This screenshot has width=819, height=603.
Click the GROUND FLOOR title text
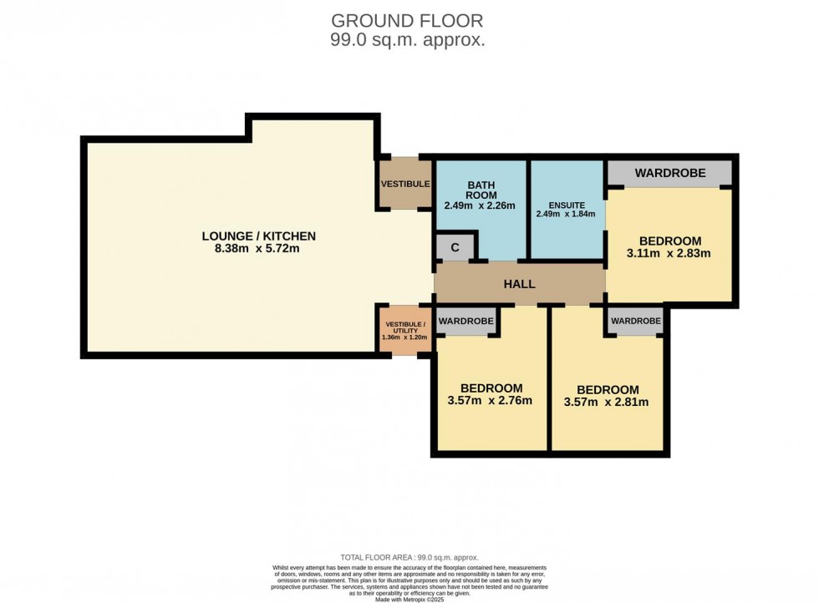[x=407, y=20]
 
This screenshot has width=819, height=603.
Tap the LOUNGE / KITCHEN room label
[x=259, y=236]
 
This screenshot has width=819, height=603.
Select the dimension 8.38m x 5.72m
[x=259, y=249]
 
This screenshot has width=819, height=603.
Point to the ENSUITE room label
[x=567, y=205]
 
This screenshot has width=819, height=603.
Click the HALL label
[x=519, y=284]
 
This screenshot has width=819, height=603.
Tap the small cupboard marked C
[x=455, y=247]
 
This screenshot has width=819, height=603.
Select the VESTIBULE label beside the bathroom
[x=405, y=184]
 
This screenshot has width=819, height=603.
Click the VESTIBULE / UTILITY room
[x=405, y=330]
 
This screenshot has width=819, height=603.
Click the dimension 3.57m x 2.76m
[x=490, y=400]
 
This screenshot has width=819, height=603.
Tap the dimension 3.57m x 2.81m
[x=607, y=402]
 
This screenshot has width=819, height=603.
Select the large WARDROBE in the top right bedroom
[x=669, y=173]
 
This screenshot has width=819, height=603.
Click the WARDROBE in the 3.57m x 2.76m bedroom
[x=465, y=321]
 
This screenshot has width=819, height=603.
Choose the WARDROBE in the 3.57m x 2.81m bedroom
[x=635, y=321]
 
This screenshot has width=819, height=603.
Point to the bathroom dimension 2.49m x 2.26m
[x=480, y=205]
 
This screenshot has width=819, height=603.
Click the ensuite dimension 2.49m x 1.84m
[x=567, y=214]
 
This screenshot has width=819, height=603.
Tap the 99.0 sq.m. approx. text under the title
[x=407, y=39]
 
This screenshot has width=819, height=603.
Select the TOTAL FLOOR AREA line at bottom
[x=409, y=557]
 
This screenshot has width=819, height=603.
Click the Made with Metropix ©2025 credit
[x=409, y=599]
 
